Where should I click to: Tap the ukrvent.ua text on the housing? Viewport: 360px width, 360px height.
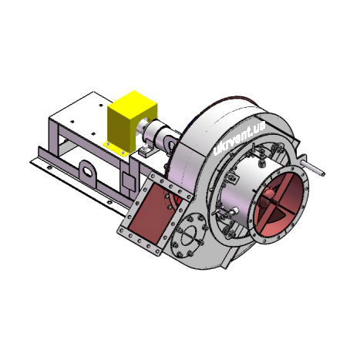point(239,138)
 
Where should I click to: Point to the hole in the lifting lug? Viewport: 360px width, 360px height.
point(88,171)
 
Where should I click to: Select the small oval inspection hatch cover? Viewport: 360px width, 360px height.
point(190,234)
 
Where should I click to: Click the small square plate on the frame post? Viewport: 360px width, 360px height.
point(128,181)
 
